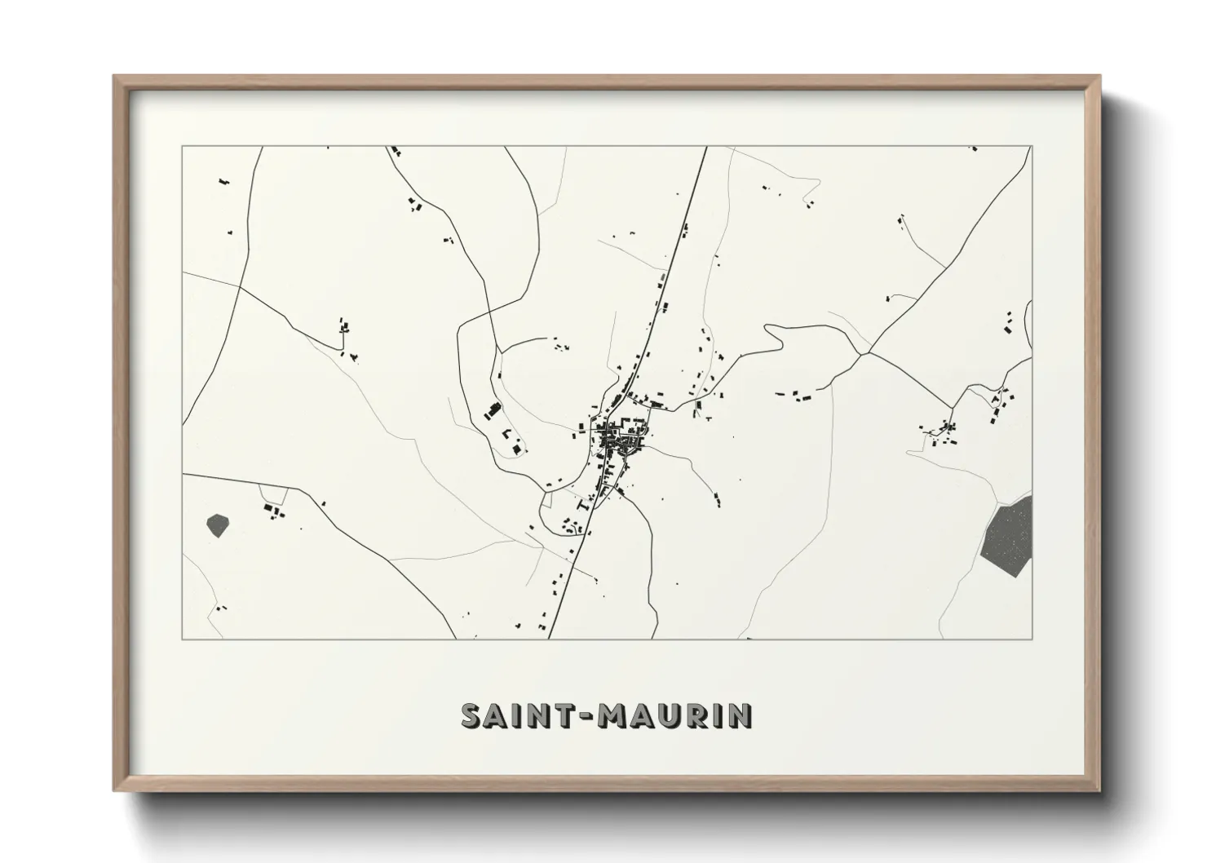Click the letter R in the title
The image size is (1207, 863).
pyautogui.click(x=696, y=715)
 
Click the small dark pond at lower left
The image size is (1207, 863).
pyautogui.click(x=218, y=524)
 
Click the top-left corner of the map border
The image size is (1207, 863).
pyautogui.click(x=182, y=147)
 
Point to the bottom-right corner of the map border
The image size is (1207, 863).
pyautogui.click(x=1032, y=639)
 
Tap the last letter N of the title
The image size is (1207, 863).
pyautogui.click(x=741, y=715)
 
